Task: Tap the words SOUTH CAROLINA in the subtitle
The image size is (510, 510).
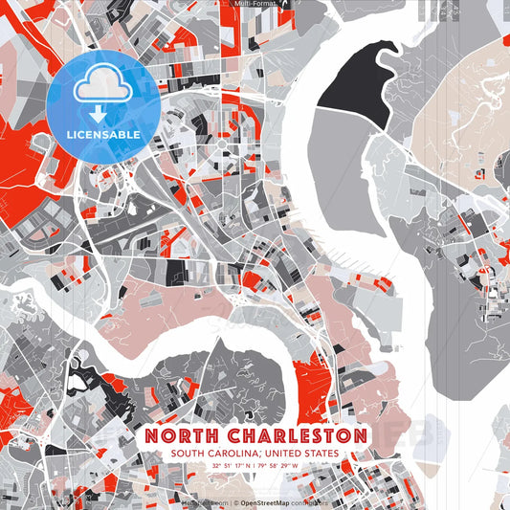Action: click(x=216, y=454)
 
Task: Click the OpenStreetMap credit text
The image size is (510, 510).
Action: click(x=270, y=500)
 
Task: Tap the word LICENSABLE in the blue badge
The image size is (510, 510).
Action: click(x=101, y=135)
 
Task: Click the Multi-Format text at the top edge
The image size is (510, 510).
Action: click(x=255, y=4)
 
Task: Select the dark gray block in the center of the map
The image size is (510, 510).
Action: click(x=178, y=273)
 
